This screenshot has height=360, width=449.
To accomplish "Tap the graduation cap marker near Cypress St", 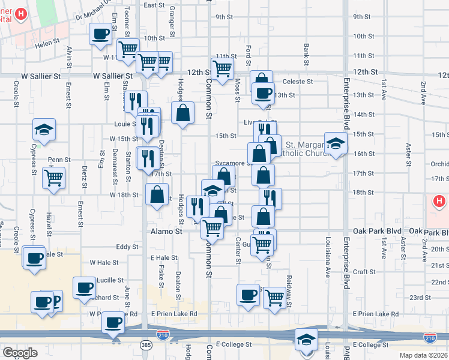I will tap(44, 129).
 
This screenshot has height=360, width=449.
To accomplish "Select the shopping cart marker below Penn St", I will tap(54, 177).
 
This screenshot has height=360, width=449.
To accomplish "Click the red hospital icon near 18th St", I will tap(439, 202).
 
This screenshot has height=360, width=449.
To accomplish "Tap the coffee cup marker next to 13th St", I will tap(262, 92).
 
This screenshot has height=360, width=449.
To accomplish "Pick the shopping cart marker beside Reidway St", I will tap(274, 296).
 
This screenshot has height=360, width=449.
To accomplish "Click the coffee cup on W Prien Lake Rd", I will tap(113, 323).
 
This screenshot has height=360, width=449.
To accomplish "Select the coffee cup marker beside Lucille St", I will tap(85, 287).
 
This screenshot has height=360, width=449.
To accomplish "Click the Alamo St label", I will tap(166, 231).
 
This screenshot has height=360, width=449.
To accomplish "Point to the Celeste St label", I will tap(298, 82).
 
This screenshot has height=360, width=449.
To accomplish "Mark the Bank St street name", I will tap(306, 54).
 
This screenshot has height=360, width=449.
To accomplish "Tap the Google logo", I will tap(19, 353).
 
